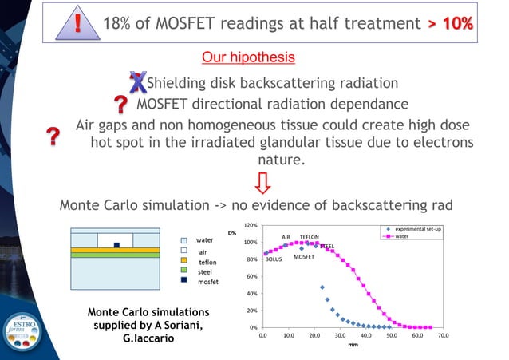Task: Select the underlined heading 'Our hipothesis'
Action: tap(248, 57)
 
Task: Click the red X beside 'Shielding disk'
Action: tap(137, 81)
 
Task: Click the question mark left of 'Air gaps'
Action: tap(53, 136)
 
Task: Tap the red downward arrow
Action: tap(261, 183)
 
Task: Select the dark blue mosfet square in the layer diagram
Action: tap(116, 245)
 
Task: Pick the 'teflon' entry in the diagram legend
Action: tap(207, 261)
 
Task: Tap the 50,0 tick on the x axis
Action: tap(392, 336)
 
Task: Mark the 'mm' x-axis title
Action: tap(353, 346)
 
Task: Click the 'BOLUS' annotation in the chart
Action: tap(274, 259)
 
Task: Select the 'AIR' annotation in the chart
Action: tap(286, 237)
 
